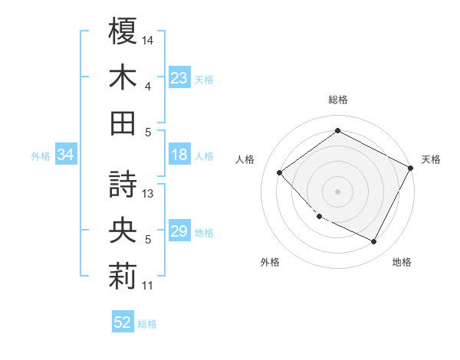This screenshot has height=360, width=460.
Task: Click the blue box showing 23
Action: click(179, 78)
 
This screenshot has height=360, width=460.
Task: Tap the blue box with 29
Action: click(179, 232)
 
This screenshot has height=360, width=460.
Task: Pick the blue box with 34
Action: click(65, 155)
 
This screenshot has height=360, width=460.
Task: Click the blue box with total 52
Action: click(123, 322)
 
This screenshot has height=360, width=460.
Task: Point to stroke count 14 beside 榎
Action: click(149, 39)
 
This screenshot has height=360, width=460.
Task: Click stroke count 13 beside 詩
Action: click(149, 194)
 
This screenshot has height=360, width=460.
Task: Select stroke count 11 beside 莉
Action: click(149, 286)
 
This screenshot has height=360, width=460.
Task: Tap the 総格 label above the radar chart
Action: click(338, 100)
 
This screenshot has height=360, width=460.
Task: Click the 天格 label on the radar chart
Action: click(432, 159)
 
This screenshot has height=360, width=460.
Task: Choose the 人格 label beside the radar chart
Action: click(245, 159)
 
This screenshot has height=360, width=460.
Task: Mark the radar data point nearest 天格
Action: click(411, 168)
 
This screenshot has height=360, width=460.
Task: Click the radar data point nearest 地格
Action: click(373, 242)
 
